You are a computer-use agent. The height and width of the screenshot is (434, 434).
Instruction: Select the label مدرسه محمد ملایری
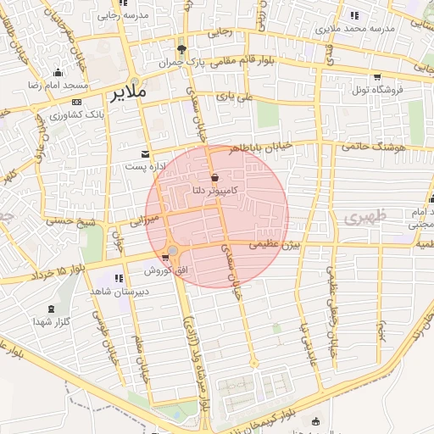356,28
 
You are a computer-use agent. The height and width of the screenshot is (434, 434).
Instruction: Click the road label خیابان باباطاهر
262,146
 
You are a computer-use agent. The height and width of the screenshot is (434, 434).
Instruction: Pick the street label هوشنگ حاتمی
375,146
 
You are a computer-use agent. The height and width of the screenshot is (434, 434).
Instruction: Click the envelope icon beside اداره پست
146,153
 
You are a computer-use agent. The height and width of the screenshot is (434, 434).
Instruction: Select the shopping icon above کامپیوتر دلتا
215,177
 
